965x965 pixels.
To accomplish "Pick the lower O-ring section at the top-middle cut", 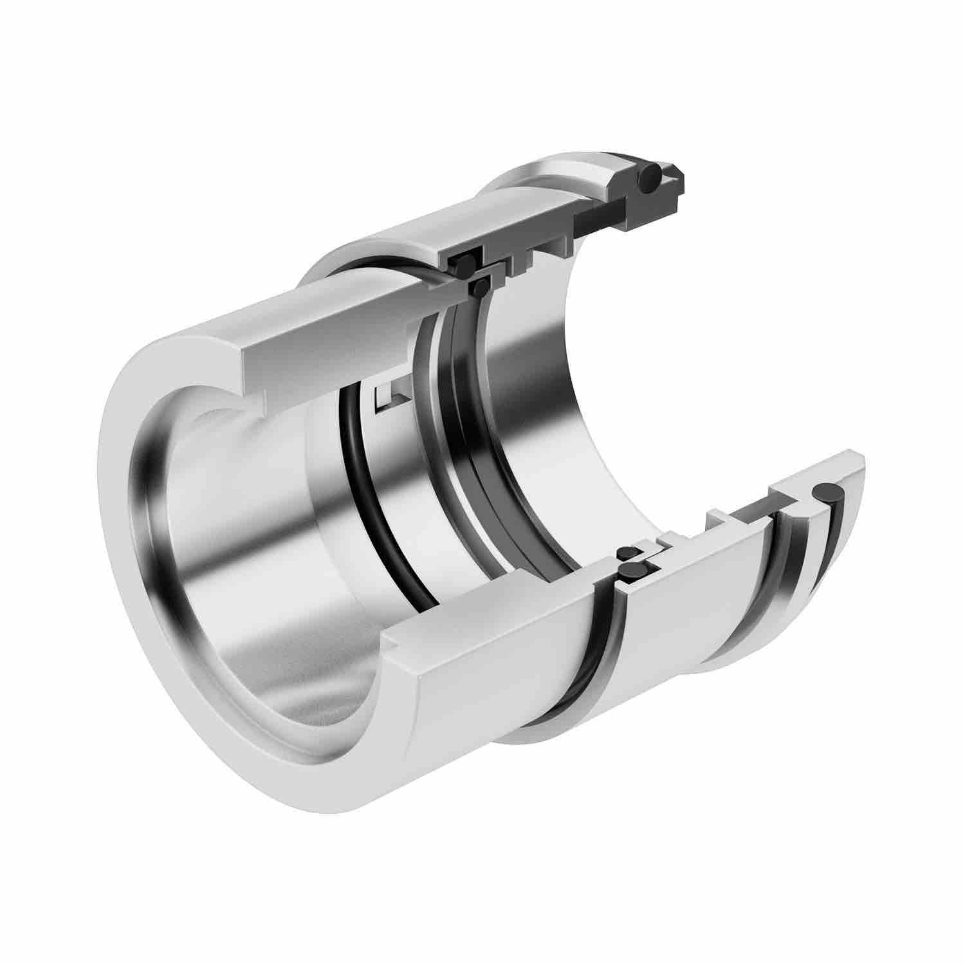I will (479, 288).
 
